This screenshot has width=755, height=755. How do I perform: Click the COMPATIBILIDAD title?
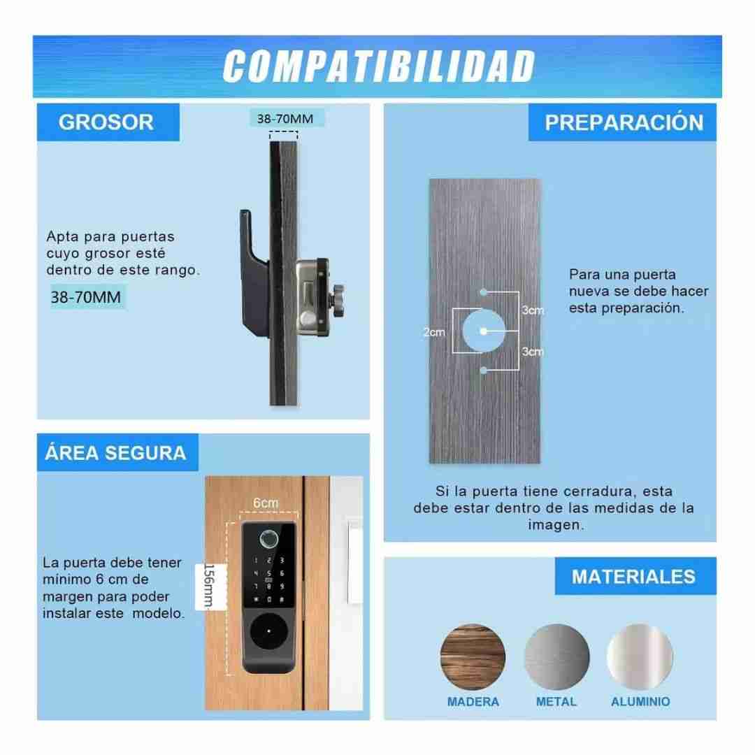click(x=378, y=66)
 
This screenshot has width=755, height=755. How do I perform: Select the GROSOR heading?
click(x=106, y=122)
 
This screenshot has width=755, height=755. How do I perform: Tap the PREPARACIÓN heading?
click(x=624, y=122)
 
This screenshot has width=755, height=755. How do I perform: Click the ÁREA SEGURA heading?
click(x=115, y=452)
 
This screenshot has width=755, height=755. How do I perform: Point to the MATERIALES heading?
click(x=633, y=576)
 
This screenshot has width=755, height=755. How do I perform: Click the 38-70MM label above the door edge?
click(x=285, y=118)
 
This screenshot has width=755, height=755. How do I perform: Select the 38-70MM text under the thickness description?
click(x=86, y=297)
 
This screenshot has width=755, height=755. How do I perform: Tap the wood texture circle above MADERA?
click(x=473, y=656)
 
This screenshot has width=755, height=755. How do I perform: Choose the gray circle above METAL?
click(x=556, y=656)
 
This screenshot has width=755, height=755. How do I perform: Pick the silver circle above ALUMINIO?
click(x=640, y=656)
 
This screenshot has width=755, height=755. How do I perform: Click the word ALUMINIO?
click(x=640, y=702)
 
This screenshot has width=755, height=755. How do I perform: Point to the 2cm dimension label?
click(x=434, y=332)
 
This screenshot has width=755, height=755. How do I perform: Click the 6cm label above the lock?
click(x=266, y=503)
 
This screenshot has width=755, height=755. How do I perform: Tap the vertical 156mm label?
click(x=209, y=586)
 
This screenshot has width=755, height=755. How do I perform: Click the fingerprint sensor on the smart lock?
click(x=268, y=539)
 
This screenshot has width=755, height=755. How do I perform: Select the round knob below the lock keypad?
click(x=268, y=631)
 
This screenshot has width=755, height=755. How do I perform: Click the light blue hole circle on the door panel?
click(x=484, y=331)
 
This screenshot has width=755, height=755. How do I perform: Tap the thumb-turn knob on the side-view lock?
click(x=336, y=301)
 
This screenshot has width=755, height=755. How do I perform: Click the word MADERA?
click(x=473, y=702)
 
